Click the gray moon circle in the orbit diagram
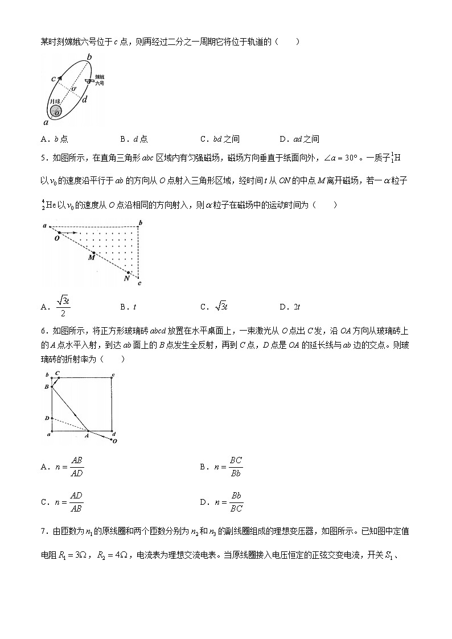(56, 110)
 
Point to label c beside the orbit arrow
(53, 79)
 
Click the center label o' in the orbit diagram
(73, 89)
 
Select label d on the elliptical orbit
(85, 100)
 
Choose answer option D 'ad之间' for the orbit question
(299, 139)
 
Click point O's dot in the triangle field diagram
(59, 233)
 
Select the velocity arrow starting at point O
(69, 233)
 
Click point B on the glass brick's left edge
(52, 386)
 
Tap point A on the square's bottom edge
(88, 431)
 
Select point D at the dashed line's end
(52, 418)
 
